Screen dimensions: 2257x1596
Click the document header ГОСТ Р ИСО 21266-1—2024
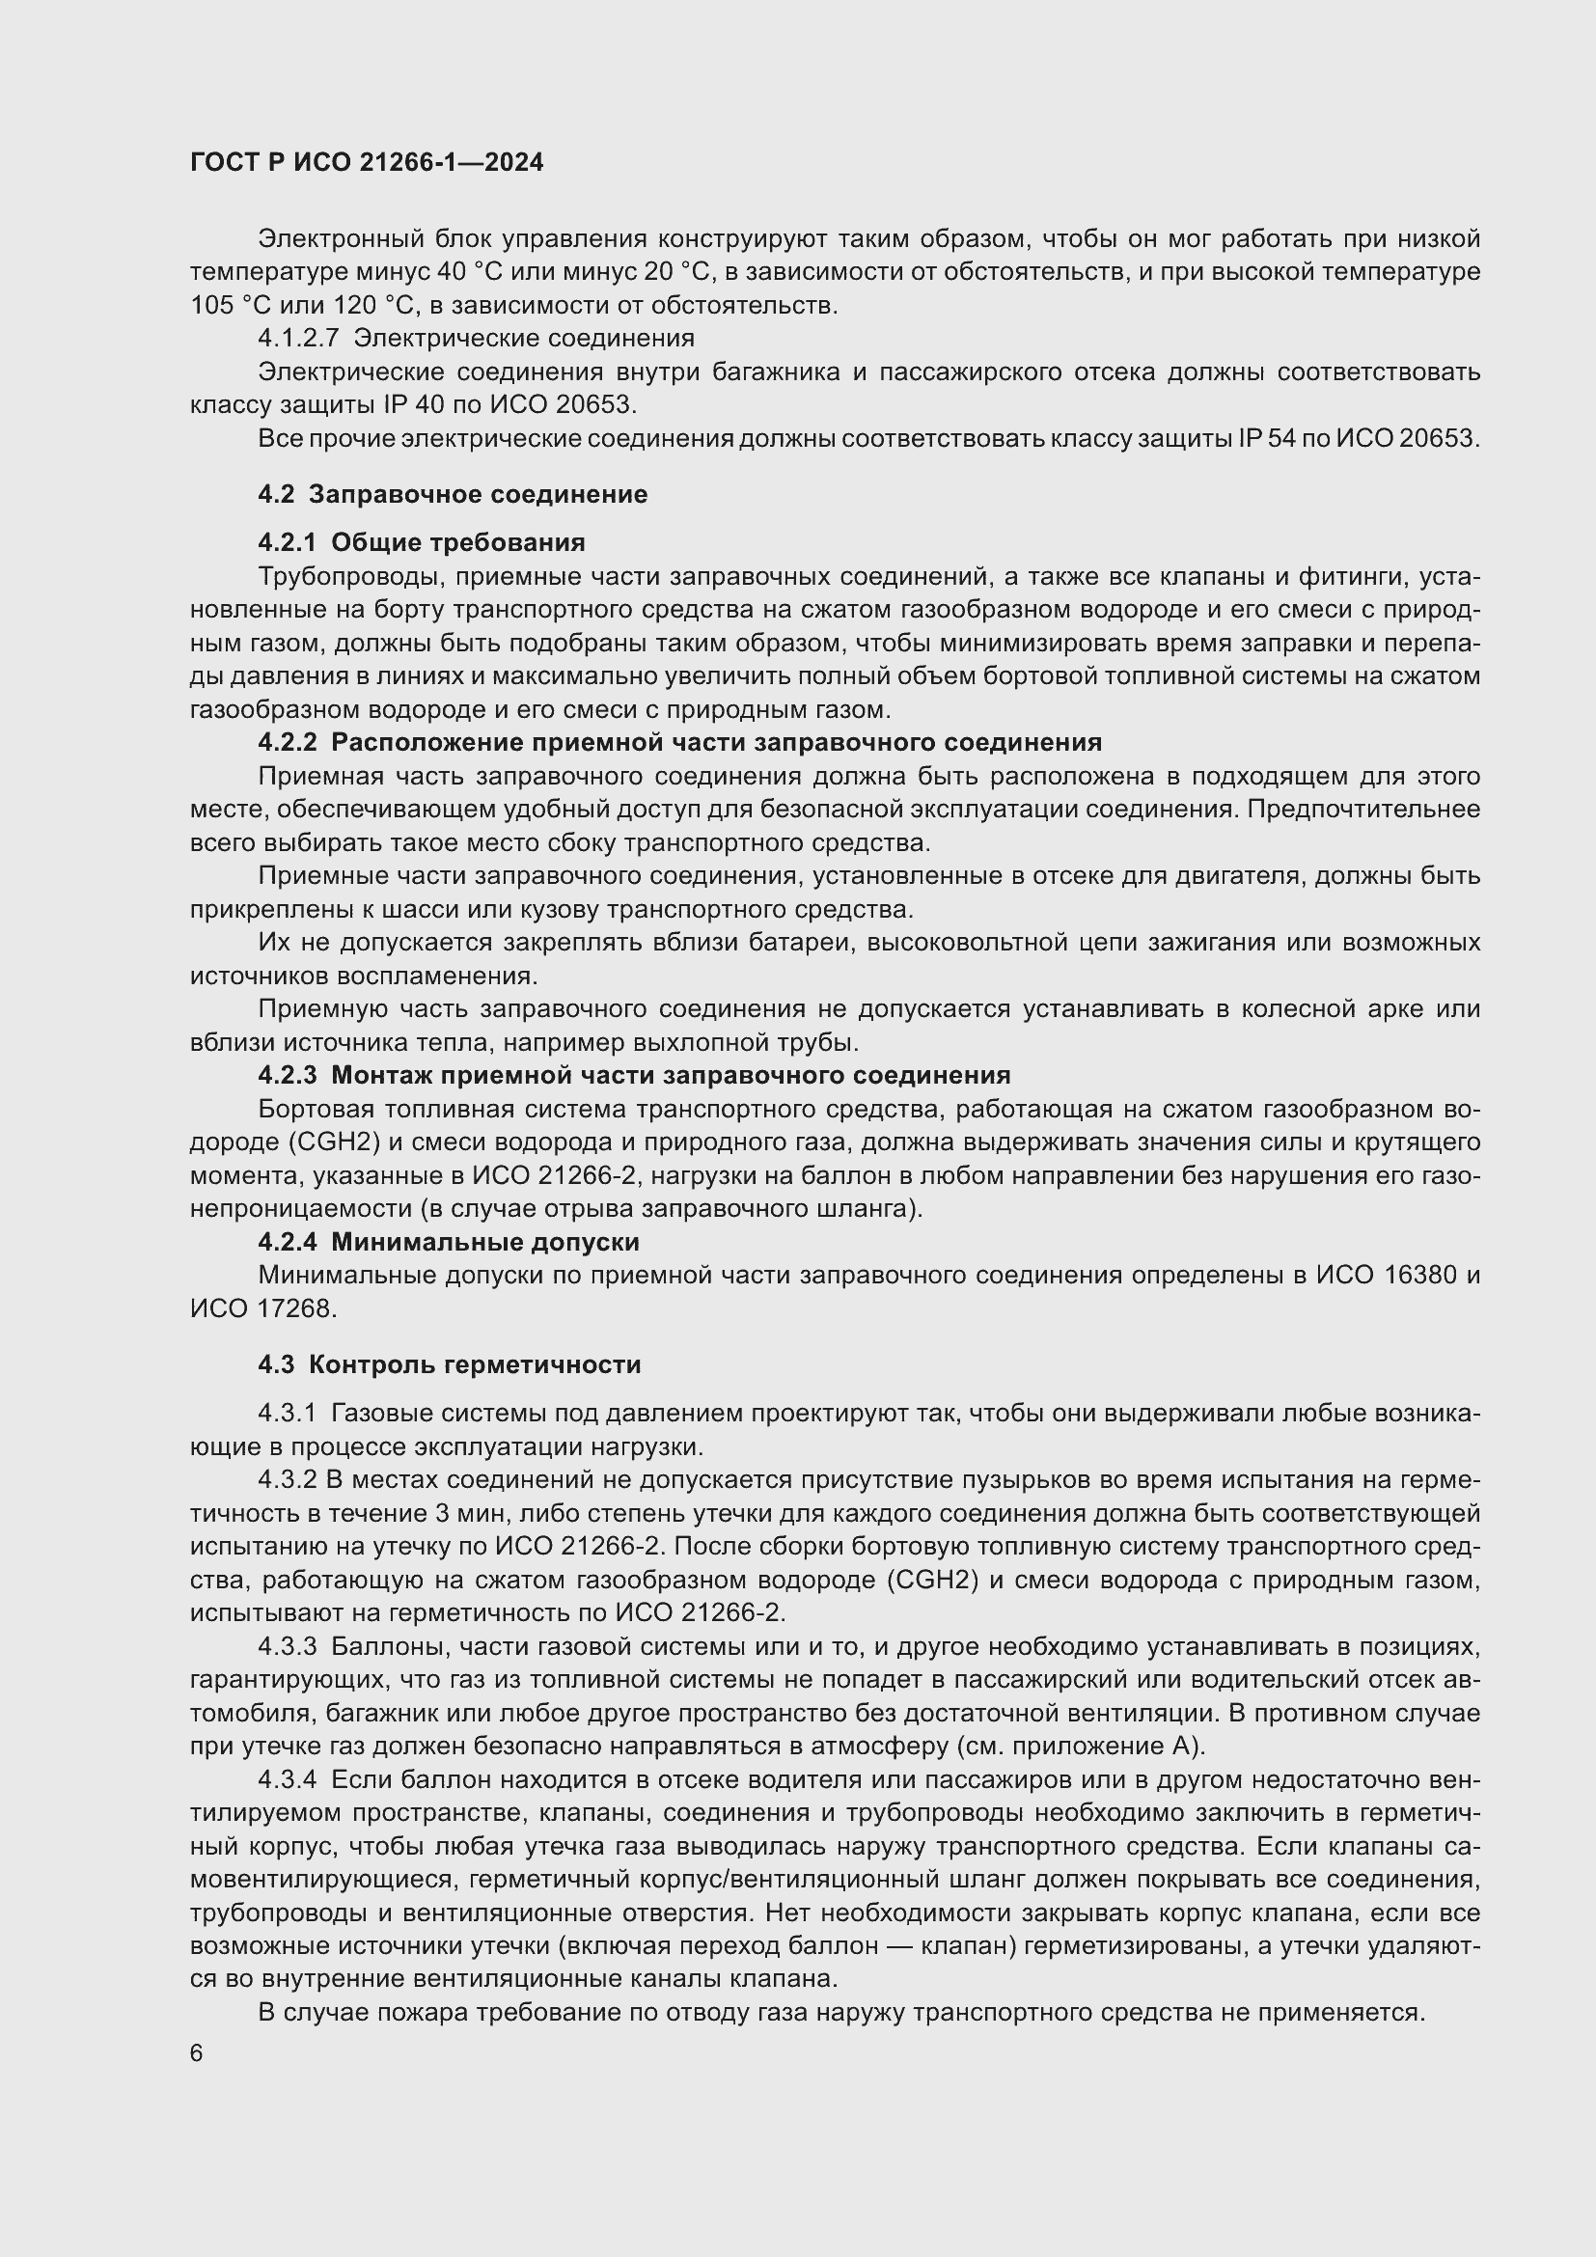(x=367, y=163)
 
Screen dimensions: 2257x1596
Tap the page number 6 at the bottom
(x=197, y=2053)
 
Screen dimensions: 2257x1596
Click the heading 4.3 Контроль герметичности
(x=449, y=1364)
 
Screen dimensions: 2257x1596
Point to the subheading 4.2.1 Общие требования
(x=422, y=542)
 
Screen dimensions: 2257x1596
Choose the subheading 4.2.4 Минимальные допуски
(x=448, y=1243)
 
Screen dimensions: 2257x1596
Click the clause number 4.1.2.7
(x=298, y=339)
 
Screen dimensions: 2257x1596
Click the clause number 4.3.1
(x=287, y=1414)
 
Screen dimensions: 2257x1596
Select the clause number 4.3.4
(x=287, y=1779)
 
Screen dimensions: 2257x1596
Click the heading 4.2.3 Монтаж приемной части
(x=634, y=1075)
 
